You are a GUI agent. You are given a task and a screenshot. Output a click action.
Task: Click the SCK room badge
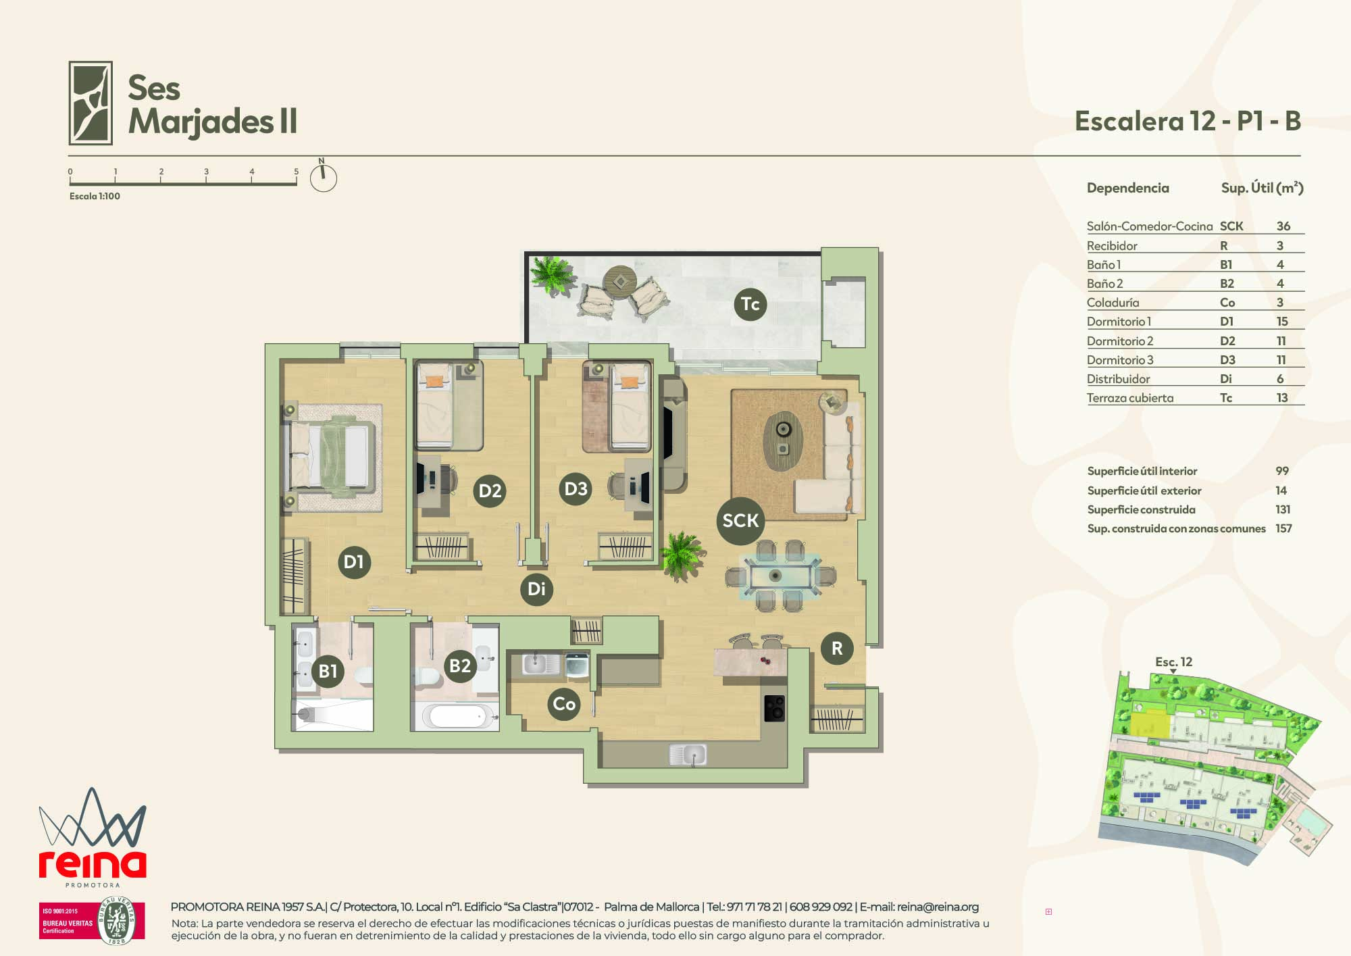(x=740, y=520)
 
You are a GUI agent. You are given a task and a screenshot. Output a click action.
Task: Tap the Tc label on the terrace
(x=750, y=304)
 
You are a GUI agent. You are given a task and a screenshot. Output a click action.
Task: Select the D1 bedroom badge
(x=354, y=561)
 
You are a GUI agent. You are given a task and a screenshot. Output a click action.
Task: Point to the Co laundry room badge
(x=564, y=704)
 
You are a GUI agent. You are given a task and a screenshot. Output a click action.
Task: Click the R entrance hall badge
(x=837, y=648)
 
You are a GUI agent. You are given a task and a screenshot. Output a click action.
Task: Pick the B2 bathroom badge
(x=460, y=665)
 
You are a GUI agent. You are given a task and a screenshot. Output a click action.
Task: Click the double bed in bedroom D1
(x=330, y=456)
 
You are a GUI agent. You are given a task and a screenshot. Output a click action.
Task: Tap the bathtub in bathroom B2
(x=457, y=715)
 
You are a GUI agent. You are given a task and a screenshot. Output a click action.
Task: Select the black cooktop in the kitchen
(x=775, y=708)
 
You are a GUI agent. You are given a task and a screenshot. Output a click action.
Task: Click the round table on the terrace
(x=619, y=280)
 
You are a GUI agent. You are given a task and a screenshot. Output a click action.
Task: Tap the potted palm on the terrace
(x=553, y=274)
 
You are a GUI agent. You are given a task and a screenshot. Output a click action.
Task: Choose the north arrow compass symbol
(x=323, y=176)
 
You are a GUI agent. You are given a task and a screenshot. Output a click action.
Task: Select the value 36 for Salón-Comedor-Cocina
(x=1283, y=226)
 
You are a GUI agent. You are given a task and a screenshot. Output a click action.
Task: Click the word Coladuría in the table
(x=1113, y=303)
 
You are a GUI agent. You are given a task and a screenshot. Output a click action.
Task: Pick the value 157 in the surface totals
(x=1283, y=528)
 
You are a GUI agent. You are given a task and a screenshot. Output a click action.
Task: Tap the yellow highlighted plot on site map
(x=1150, y=724)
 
